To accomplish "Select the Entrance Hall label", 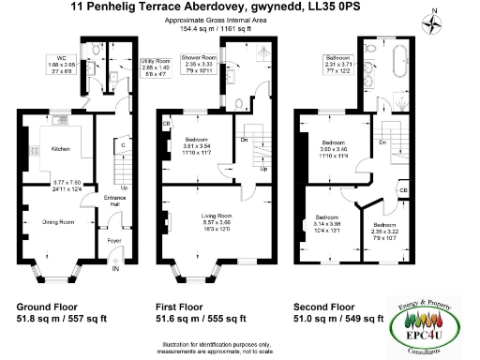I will [113, 200].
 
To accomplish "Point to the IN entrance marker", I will [115, 270].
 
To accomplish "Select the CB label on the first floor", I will [166, 123].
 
